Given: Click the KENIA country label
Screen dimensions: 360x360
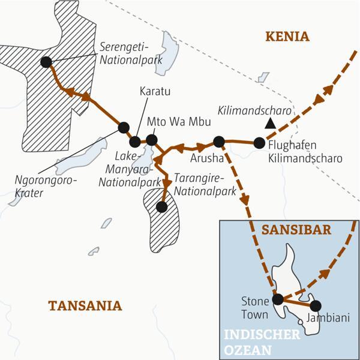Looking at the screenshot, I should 288,37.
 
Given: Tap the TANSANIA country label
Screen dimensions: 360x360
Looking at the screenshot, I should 85,306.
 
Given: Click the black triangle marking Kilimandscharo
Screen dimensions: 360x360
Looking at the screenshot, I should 271,124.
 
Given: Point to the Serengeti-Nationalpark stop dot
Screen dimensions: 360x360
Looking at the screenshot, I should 46,61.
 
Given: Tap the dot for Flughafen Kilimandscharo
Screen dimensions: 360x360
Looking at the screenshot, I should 259,143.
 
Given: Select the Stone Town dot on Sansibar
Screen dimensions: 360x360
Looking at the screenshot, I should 277,299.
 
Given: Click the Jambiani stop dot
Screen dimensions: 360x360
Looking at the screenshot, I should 315,305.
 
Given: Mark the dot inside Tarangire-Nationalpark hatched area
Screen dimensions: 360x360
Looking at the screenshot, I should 161,207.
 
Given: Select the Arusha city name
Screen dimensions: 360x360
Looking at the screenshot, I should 206,159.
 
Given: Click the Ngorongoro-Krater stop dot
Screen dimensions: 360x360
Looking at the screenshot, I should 124,127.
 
